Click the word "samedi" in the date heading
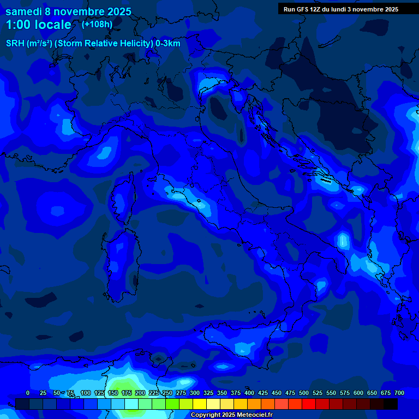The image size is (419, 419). (23, 11)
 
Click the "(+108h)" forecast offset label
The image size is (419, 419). (97, 25)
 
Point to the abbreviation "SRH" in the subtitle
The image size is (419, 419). (15, 44)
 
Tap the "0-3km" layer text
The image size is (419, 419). (167, 44)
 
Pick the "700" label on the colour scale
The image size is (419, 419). (399, 393)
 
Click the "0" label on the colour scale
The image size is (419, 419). (28, 393)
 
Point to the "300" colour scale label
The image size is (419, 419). (195, 393)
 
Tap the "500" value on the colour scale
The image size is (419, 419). (304, 393)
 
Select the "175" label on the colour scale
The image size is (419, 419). (127, 393)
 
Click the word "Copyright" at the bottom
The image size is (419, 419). (205, 415)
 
